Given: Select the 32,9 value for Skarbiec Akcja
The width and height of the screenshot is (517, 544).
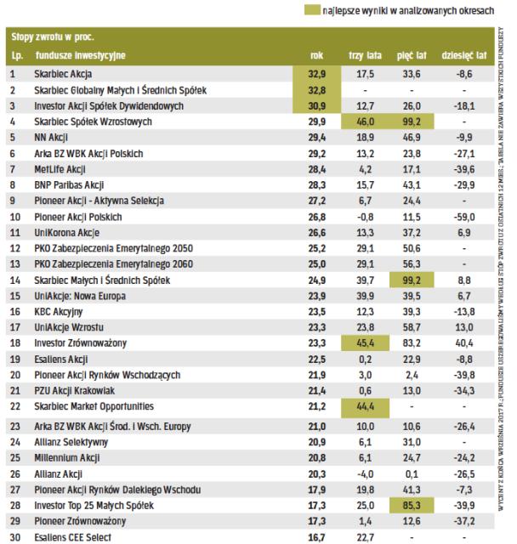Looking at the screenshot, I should tap(315, 74).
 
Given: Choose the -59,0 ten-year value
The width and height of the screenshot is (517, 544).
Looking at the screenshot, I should tap(464, 216).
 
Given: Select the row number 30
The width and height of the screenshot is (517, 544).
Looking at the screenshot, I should tap(14, 535).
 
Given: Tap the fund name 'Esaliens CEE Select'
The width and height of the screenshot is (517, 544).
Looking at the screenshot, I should tap(74, 535).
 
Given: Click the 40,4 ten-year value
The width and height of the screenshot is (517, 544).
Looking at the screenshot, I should tap(464, 343).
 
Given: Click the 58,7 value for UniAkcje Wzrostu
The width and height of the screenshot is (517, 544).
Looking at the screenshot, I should tap(412, 327).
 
